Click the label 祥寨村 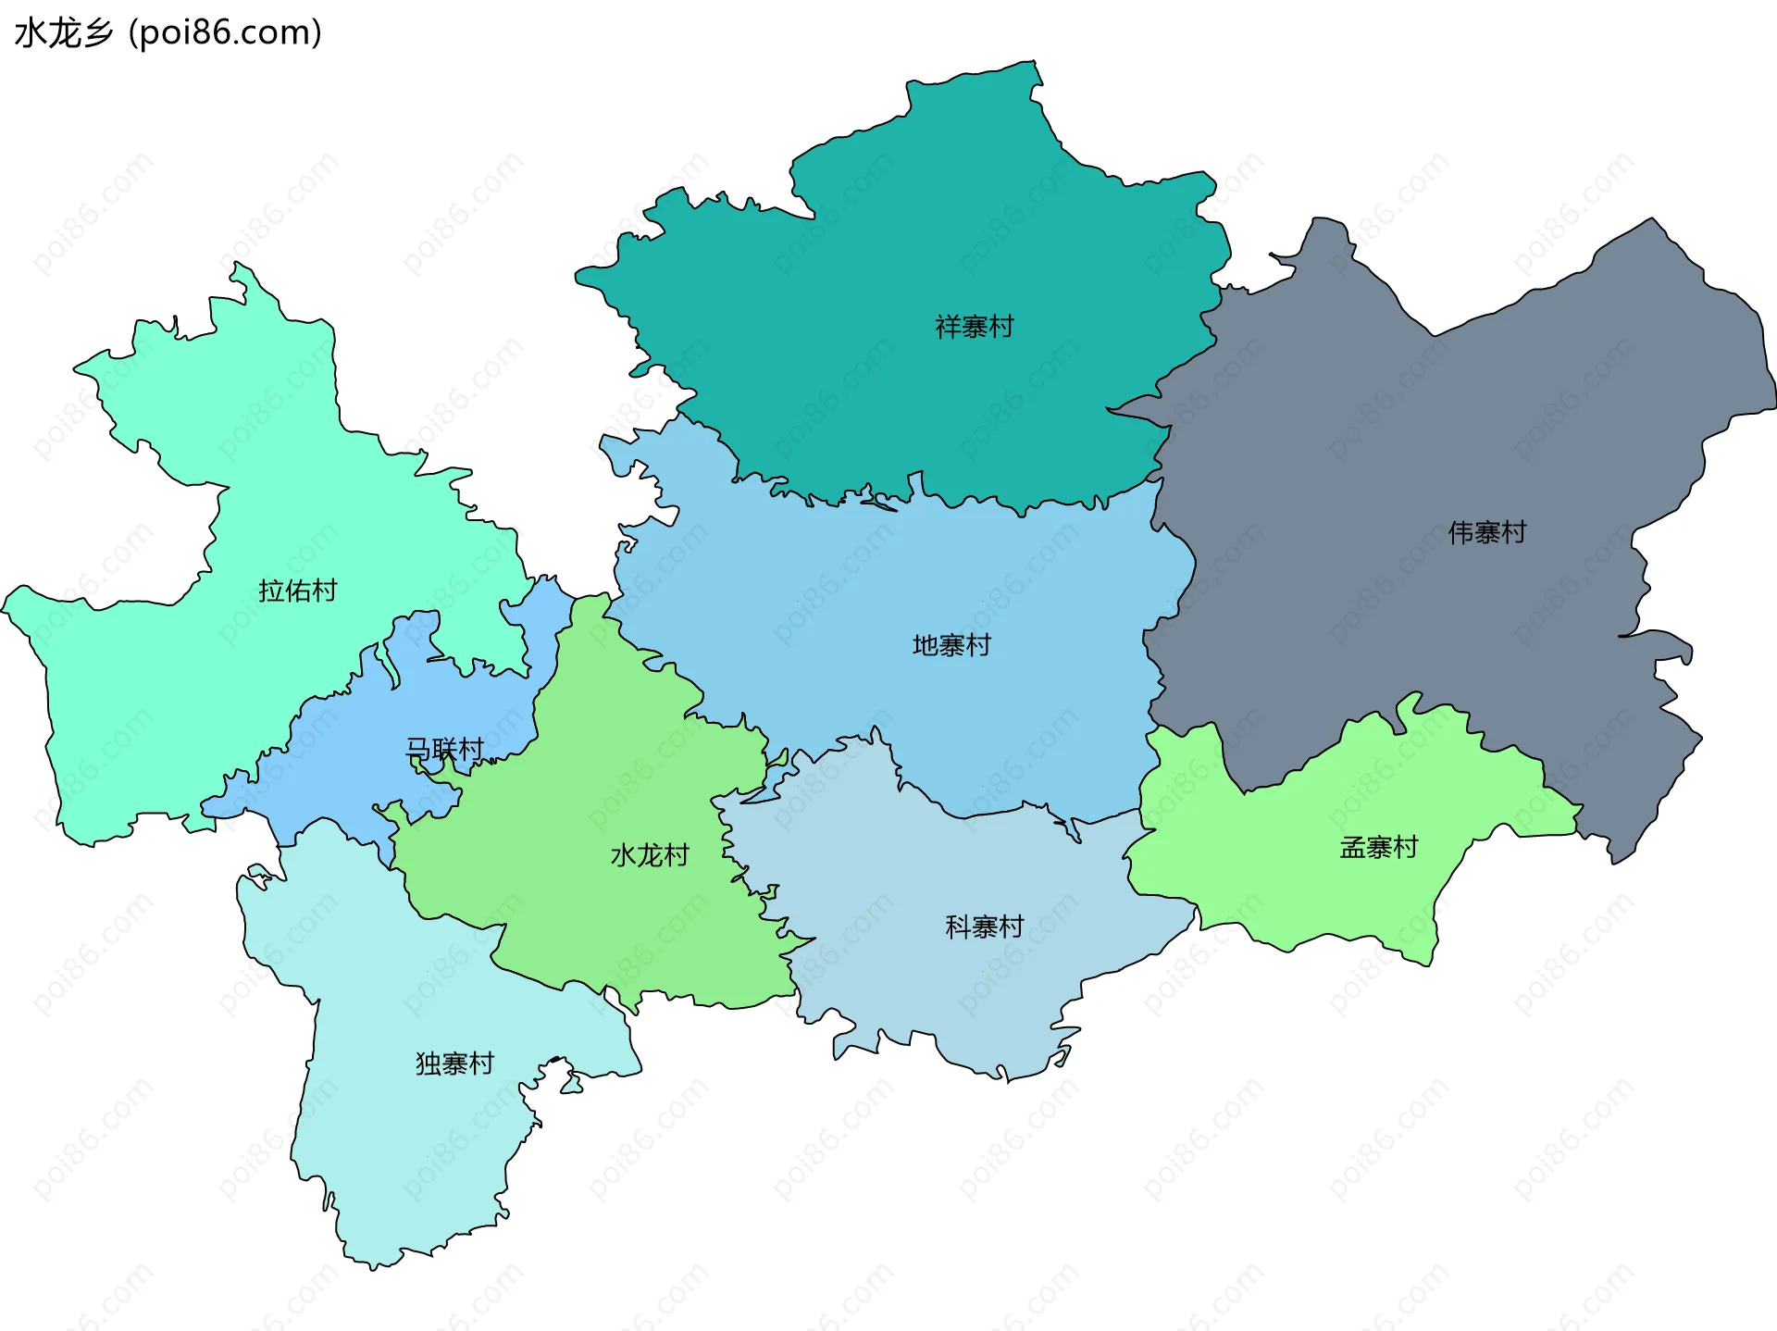tap(975, 327)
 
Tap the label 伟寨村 tap(1486, 532)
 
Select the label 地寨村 tap(951, 645)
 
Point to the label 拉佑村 tap(297, 591)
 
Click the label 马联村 tap(444, 749)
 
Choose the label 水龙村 tap(650, 855)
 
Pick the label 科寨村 tap(984, 927)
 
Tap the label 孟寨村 tap(1378, 847)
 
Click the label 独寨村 tap(454, 1064)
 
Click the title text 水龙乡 tap(63, 32)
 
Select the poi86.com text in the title tap(225, 32)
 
